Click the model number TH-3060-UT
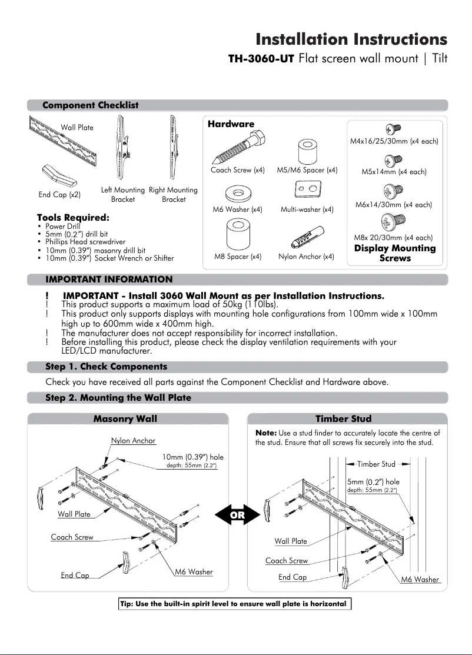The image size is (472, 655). pos(261,59)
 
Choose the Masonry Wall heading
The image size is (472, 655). pos(125,419)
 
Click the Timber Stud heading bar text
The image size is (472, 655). pos(343,419)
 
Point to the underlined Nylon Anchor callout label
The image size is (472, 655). pos(134,441)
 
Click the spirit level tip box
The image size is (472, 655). pos(233,604)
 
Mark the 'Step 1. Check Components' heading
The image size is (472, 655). pos(106,367)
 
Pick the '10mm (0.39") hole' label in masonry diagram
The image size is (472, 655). pos(192,457)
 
